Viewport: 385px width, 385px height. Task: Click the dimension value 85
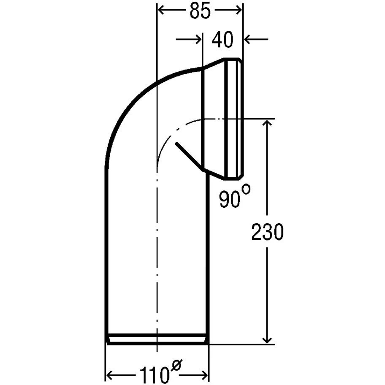point(200,11)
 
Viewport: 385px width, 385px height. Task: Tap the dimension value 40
point(222,40)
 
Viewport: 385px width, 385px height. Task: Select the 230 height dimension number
point(267,232)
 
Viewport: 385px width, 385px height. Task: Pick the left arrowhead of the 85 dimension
point(161,10)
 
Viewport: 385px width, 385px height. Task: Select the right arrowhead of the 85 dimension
point(238,10)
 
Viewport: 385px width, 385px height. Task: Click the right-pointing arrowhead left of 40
point(198,39)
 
